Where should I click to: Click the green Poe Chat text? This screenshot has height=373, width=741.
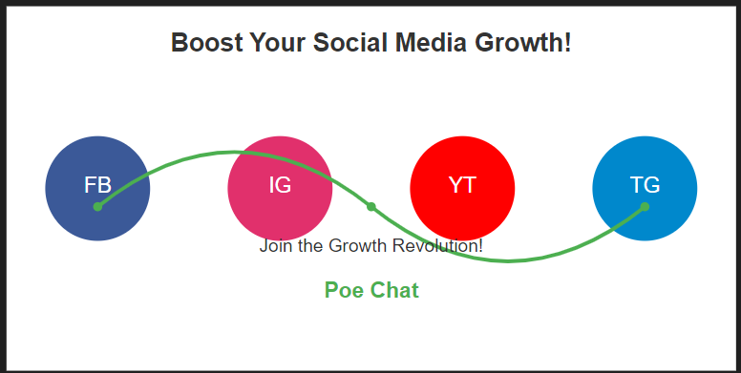click(x=371, y=290)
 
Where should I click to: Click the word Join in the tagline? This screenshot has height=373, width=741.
click(x=275, y=246)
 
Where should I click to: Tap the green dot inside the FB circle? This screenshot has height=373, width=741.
click(x=97, y=207)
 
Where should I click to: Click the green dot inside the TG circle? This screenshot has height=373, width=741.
click(x=645, y=207)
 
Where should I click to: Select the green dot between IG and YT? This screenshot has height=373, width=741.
click(x=371, y=206)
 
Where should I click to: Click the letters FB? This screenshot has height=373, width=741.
click(x=97, y=185)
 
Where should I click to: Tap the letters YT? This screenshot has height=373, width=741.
click(x=462, y=185)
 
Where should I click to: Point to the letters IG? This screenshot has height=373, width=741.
click(x=280, y=185)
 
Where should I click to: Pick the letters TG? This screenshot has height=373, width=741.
click(x=645, y=185)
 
